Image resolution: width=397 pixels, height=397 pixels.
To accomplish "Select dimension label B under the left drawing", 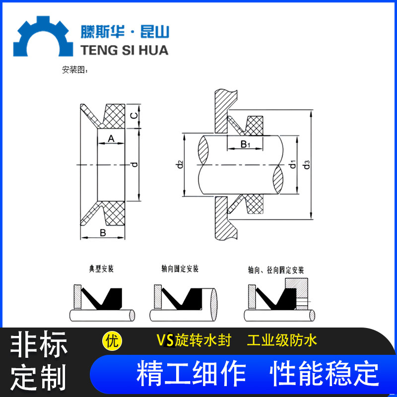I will (103, 232).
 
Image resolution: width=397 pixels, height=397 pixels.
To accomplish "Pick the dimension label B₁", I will (245, 144).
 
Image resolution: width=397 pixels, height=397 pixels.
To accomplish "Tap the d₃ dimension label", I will (308, 164).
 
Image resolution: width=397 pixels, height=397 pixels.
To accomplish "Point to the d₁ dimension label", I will (293, 164).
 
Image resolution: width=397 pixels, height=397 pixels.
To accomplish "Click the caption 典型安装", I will (101, 269).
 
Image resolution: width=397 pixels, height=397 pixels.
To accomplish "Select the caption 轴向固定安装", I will (180, 269).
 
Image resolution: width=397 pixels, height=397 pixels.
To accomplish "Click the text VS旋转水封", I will (194, 341).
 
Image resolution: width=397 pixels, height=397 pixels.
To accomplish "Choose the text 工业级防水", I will (282, 341).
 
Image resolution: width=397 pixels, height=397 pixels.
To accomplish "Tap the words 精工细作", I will (191, 373).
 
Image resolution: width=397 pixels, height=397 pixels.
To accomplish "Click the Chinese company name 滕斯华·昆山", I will (125, 32).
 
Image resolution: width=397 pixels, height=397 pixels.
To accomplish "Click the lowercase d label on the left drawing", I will (134, 164).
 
